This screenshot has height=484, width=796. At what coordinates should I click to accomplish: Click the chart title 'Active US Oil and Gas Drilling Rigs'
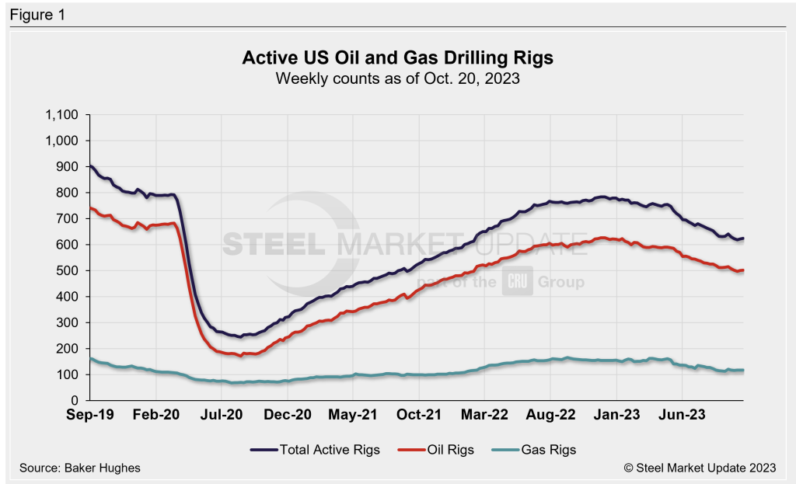point(397,59)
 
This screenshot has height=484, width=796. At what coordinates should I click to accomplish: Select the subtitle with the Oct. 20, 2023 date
point(397,78)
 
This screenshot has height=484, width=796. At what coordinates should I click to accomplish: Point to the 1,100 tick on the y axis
point(62,115)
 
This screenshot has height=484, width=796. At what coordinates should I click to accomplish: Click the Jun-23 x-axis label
point(683,415)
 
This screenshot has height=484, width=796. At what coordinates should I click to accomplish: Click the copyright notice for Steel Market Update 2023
point(699,468)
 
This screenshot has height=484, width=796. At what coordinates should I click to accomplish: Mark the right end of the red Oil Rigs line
point(743,270)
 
